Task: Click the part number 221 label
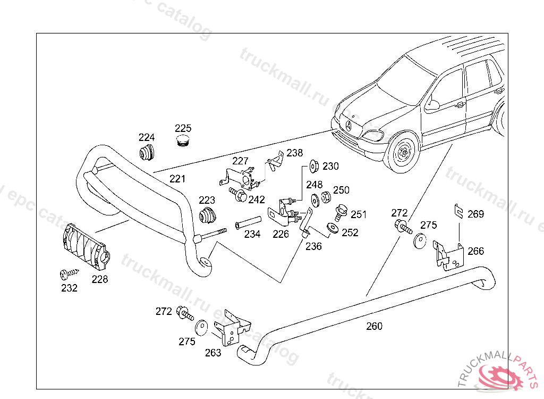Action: (177, 179)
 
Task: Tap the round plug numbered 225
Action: (183, 141)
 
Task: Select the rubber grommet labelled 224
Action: (147, 152)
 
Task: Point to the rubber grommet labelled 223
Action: (208, 215)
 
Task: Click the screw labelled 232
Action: (69, 274)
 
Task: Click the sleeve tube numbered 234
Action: (248, 223)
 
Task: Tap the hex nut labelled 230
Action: (314, 166)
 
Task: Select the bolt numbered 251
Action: (341, 212)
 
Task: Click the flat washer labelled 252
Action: (333, 228)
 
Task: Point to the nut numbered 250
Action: (326, 197)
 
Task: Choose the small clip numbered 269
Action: (458, 211)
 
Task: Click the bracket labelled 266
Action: (448, 255)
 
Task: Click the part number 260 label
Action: (375, 326)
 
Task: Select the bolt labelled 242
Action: (239, 195)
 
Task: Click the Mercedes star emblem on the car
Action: (349, 127)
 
